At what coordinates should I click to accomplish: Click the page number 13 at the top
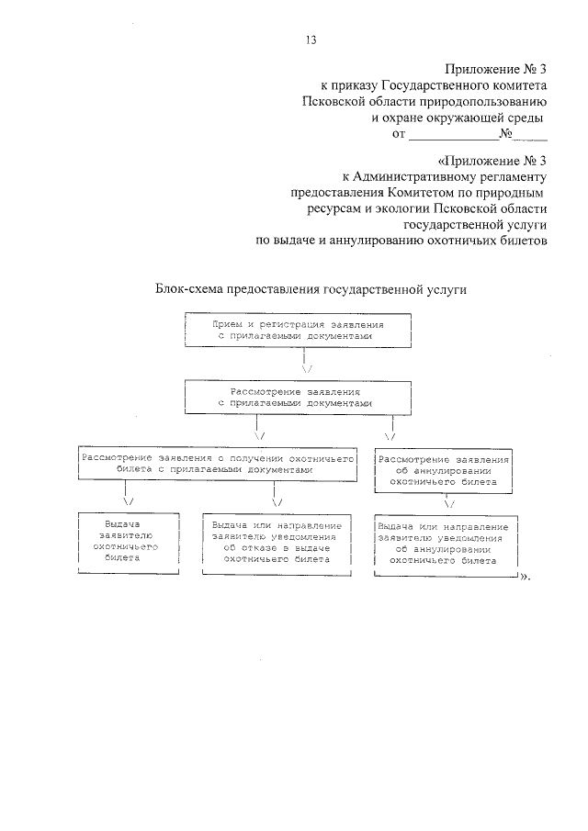pos(310,39)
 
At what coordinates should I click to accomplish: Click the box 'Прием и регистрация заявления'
pos(294,331)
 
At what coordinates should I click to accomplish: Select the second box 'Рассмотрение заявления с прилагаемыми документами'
pos(294,397)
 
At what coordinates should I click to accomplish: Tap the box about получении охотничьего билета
pos(203,463)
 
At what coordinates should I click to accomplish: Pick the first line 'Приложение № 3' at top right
pos(496,69)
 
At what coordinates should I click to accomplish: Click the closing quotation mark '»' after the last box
pos(526,577)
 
